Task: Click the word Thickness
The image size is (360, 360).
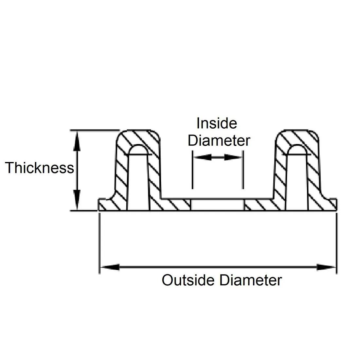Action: (x=39, y=168)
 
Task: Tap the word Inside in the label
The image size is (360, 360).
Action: (x=217, y=124)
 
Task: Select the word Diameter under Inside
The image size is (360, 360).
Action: (x=219, y=141)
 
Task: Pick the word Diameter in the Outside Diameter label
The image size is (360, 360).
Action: (x=250, y=280)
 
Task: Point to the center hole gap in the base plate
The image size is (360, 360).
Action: (x=218, y=205)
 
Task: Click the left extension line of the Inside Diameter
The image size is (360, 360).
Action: (x=192, y=170)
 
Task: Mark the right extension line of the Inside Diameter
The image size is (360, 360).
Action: (x=243, y=170)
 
